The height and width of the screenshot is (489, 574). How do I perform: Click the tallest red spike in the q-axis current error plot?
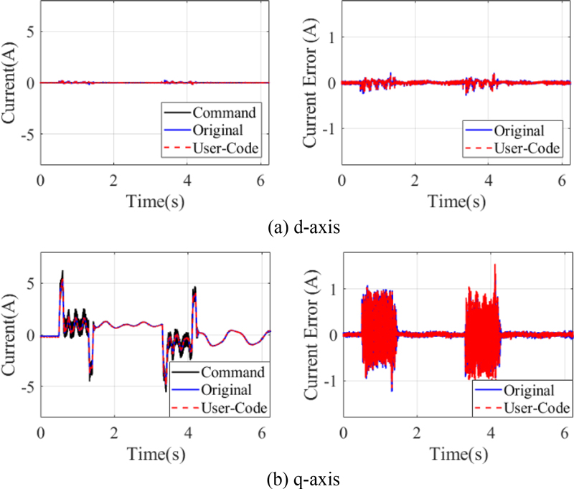[x=495, y=265]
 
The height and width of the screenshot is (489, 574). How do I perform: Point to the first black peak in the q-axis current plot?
[x=62, y=272]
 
